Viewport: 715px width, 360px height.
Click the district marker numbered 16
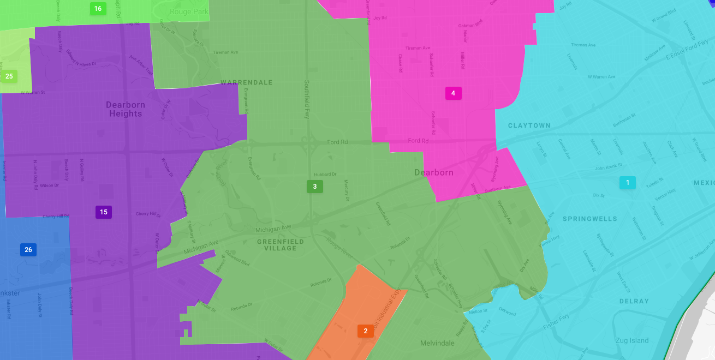coord(98,9)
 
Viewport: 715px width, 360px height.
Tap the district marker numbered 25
coord(9,76)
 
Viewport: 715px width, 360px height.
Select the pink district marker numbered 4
coord(453,93)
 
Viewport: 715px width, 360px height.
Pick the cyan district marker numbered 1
coord(628,183)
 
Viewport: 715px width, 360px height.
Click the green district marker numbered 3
coord(314,187)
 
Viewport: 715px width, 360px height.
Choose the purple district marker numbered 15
coord(104,212)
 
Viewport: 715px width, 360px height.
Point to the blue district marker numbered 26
coord(28,250)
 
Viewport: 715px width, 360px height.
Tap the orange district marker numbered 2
coord(366,331)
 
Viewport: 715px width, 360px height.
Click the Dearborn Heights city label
coord(126,109)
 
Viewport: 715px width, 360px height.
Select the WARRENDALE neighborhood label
coord(246,83)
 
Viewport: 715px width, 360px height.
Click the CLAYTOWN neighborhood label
coord(529,125)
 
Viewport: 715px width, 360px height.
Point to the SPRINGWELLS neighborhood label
coord(589,219)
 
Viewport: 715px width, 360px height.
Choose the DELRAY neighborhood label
coord(634,301)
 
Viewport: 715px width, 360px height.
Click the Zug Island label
coord(632,341)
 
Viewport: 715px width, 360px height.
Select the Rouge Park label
coord(189,11)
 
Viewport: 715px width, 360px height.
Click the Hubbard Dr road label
coord(325,175)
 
